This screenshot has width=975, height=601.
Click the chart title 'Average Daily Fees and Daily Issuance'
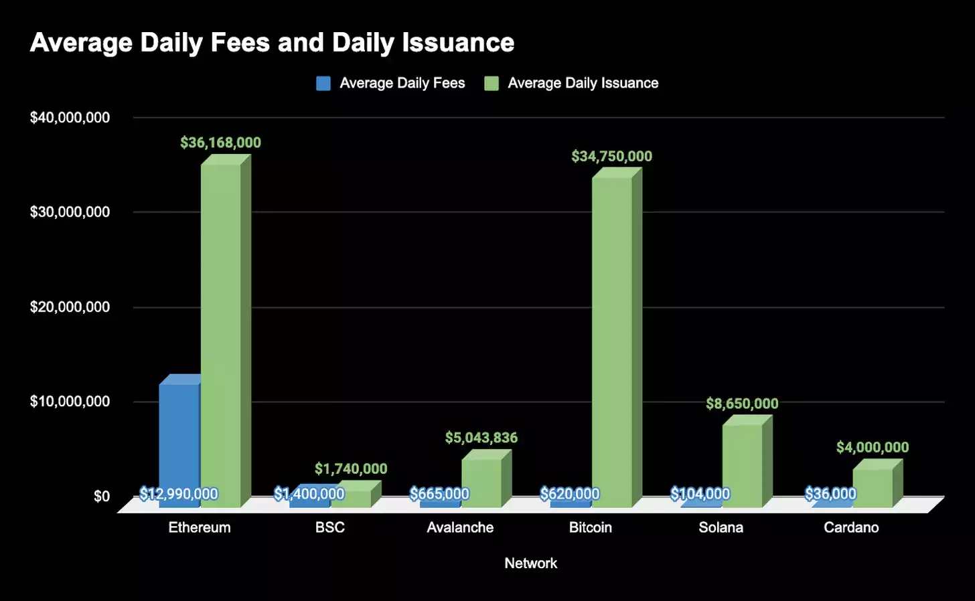coord(272,43)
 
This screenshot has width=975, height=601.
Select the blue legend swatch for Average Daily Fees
coord(323,84)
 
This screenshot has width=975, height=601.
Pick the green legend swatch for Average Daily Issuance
coord(492,84)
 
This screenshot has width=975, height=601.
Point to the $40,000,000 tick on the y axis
coord(70,118)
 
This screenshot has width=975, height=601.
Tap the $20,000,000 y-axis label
coord(70,307)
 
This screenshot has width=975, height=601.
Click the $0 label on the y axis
coord(101,497)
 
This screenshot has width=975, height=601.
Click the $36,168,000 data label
coord(220,143)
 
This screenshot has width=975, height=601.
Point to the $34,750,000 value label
coord(611,157)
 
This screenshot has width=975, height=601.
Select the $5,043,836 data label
coord(481,438)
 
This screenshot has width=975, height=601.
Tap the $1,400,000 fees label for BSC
coord(309,494)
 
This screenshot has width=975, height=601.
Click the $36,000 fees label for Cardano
coord(830,494)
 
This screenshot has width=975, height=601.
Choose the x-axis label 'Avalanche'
coord(460,527)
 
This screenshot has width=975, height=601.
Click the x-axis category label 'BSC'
coord(329,527)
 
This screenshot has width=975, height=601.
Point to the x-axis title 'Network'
coord(530,564)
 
